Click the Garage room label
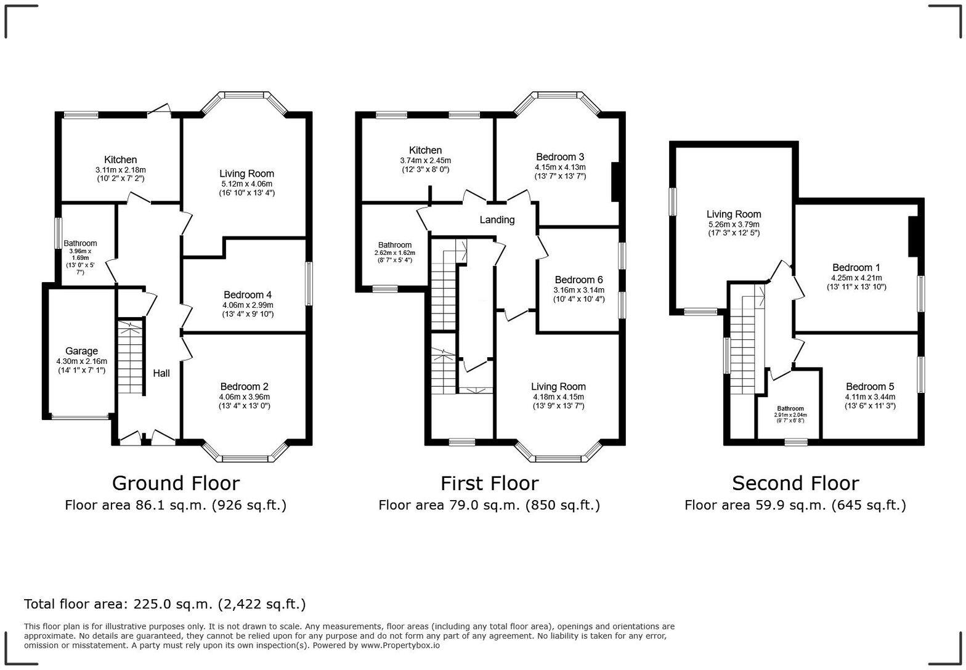click(x=81, y=351)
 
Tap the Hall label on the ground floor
click(x=161, y=373)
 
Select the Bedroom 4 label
click(x=248, y=295)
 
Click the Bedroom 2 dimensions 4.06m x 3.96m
click(x=245, y=397)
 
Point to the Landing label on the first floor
click(x=497, y=220)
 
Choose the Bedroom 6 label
click(x=578, y=280)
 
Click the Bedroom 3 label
click(x=559, y=157)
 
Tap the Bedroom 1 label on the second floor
click(x=856, y=267)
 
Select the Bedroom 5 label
click(x=870, y=387)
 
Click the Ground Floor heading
click(x=176, y=483)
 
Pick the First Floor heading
click(x=489, y=483)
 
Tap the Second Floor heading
click(x=795, y=483)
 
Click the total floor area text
click(x=164, y=604)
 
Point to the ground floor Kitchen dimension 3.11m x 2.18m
click(x=120, y=170)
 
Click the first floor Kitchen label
click(x=425, y=150)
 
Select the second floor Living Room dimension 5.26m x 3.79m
click(x=733, y=225)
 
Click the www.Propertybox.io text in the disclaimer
click(x=400, y=645)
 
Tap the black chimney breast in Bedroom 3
click(x=615, y=182)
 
